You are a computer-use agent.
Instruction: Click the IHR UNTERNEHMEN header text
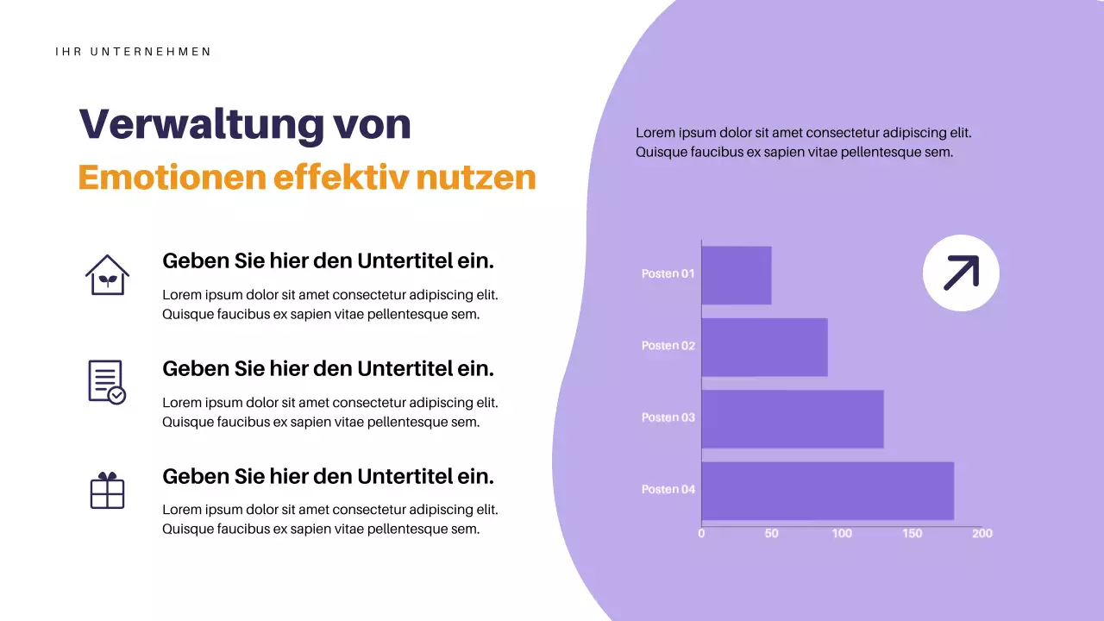[133, 52]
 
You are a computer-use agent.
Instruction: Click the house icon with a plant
[107, 275]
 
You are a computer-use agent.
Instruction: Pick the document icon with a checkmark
[107, 382]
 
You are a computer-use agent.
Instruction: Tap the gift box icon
[107, 490]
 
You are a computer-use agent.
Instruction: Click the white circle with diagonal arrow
[961, 273]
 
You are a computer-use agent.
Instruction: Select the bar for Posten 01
[736, 275]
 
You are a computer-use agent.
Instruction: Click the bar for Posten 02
[764, 347]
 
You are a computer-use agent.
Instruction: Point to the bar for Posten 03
[792, 418]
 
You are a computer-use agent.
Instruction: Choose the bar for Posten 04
[827, 491]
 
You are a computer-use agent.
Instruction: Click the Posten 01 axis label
[668, 273]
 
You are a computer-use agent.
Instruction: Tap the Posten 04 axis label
[668, 489]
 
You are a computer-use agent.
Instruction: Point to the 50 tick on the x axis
[771, 534]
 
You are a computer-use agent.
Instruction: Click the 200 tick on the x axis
[982, 534]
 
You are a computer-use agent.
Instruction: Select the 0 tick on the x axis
[701, 534]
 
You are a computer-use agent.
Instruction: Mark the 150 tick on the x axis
[912, 534]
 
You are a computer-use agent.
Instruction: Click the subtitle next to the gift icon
[328, 476]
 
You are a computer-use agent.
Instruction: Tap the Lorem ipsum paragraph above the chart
[803, 142]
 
